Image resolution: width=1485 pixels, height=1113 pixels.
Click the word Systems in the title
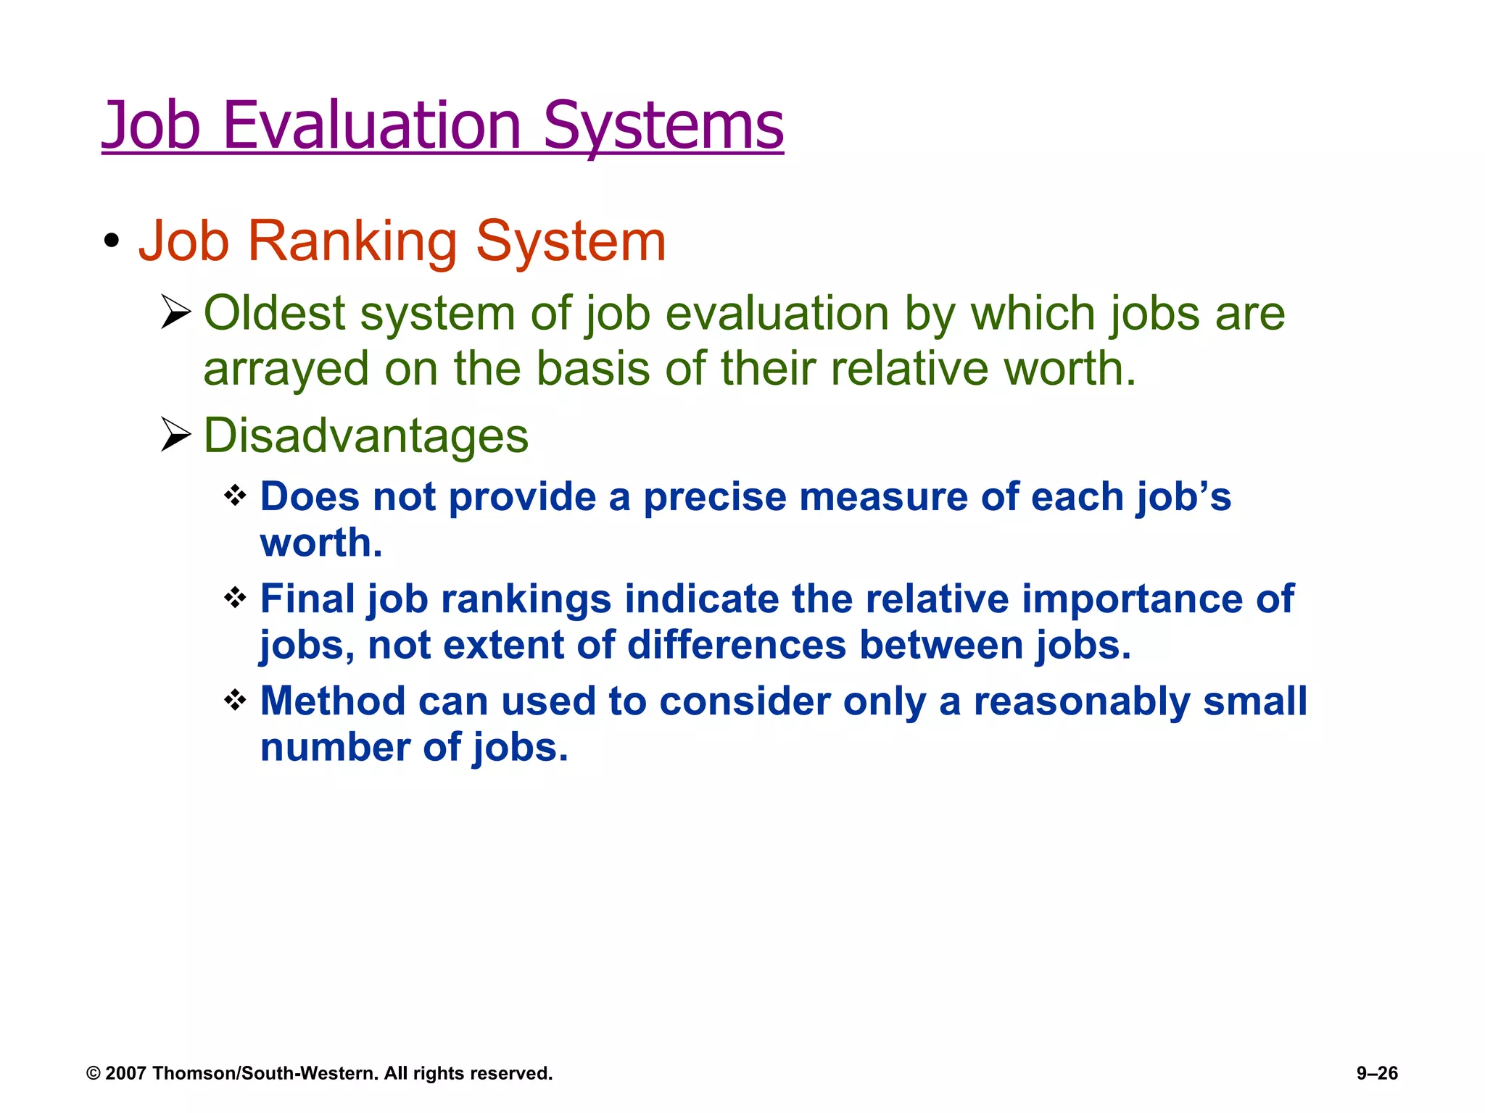[x=663, y=127]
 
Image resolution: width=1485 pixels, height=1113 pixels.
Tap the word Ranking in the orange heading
[x=352, y=241]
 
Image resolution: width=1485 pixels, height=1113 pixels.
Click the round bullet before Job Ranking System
[x=111, y=241]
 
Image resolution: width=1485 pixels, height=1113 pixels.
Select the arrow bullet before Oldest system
[x=175, y=312]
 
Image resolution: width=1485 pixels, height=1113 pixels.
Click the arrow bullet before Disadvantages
[x=175, y=435]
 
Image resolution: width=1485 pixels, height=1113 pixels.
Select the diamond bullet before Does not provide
[x=236, y=496]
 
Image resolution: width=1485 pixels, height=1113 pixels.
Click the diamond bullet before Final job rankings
[x=236, y=599]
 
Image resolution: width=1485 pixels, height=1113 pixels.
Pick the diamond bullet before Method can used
[x=236, y=701]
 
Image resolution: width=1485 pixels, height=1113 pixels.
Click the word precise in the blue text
[x=715, y=498]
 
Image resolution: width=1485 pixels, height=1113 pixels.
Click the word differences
[x=737, y=645]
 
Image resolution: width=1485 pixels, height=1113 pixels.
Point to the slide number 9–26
[x=1377, y=1073]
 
